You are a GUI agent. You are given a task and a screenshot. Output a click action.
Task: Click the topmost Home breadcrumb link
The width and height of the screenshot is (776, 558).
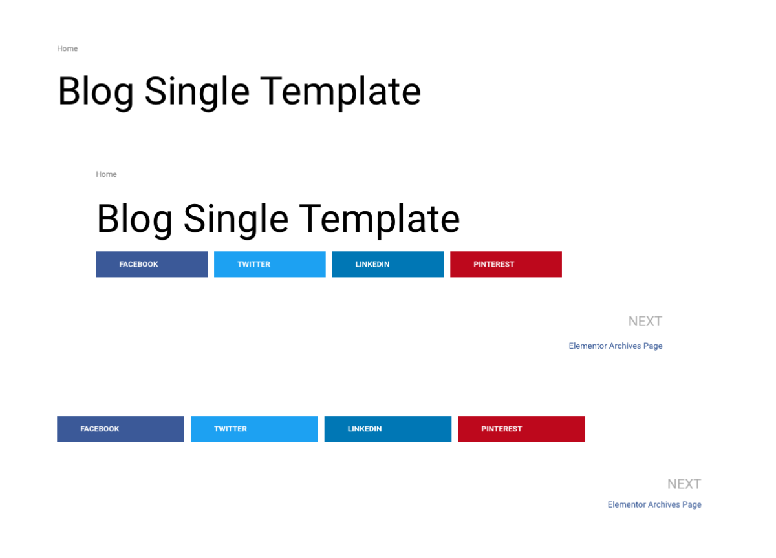coord(67,48)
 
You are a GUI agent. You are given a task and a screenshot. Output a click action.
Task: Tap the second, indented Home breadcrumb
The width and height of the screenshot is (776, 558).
coord(106,174)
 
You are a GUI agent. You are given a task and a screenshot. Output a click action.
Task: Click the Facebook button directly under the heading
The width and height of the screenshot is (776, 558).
coord(152,265)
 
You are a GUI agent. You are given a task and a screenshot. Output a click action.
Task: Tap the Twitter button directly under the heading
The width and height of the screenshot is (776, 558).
coord(270,265)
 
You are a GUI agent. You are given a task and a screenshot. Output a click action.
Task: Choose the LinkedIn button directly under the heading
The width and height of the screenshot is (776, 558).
coord(388,265)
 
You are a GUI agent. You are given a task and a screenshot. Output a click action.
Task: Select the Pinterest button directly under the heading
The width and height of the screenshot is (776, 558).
coord(506,265)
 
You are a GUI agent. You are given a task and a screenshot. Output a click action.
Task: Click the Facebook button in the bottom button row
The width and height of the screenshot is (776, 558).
coord(120,429)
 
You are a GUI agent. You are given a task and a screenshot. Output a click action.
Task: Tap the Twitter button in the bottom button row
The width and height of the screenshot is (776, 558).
coord(254,429)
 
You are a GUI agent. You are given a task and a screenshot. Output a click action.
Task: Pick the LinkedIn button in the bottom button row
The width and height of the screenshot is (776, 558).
coord(388,429)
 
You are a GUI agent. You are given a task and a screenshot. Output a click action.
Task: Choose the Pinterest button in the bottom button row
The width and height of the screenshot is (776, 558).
coord(522,429)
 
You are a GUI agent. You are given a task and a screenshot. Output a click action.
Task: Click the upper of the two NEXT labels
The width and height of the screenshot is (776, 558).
coord(645,322)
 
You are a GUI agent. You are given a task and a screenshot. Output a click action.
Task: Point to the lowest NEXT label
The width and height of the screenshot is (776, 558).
coord(685,484)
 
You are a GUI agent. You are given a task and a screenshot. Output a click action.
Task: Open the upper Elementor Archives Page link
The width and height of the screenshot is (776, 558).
coord(616,346)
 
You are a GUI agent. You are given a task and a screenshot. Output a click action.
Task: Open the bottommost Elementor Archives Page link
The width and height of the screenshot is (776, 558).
coord(654,505)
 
